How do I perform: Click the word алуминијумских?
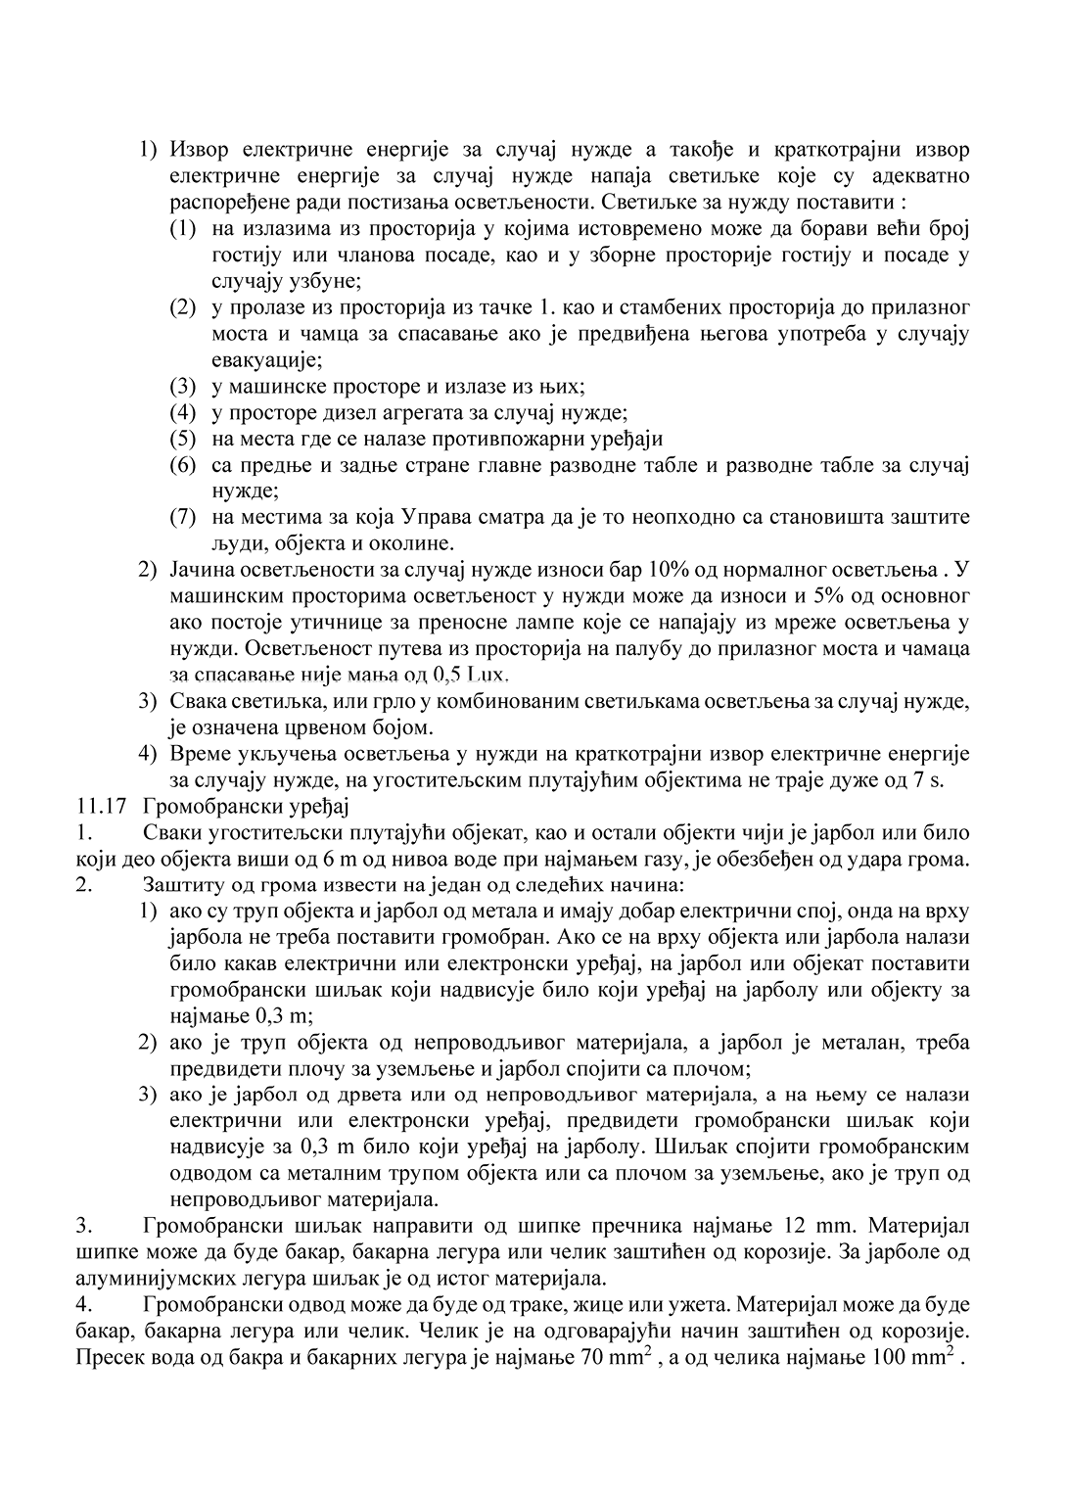[152, 1279]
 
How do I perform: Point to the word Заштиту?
[182, 886]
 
